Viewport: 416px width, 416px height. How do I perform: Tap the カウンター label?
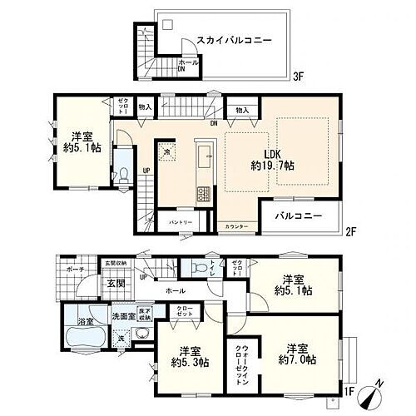235,227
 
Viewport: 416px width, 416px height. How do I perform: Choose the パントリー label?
181,223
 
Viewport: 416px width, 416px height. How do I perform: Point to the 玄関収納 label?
114,264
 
